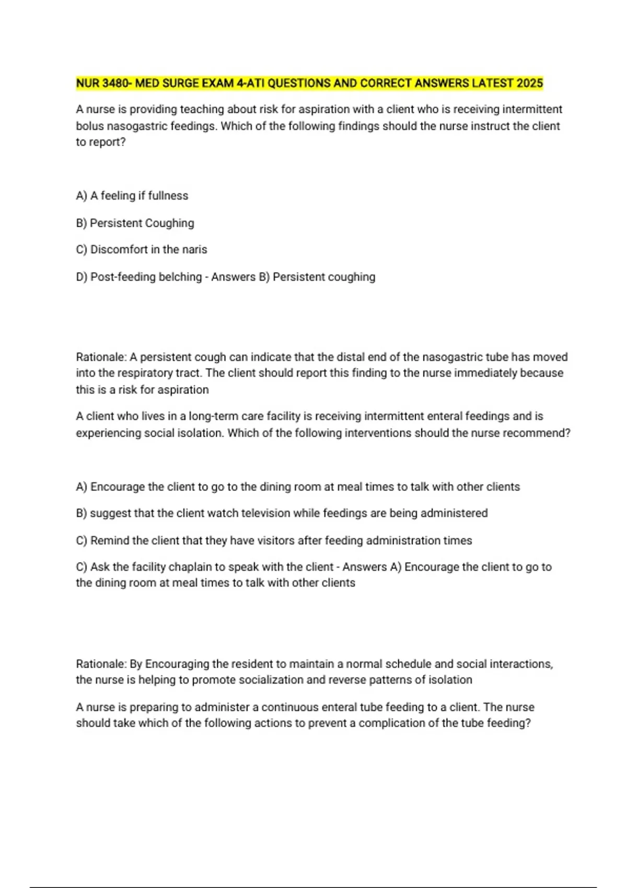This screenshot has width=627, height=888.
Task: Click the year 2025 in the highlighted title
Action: (x=530, y=83)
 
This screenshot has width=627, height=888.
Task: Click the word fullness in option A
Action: (x=168, y=195)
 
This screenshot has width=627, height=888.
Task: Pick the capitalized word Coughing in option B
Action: (x=168, y=223)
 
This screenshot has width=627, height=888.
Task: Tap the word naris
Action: (x=194, y=250)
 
